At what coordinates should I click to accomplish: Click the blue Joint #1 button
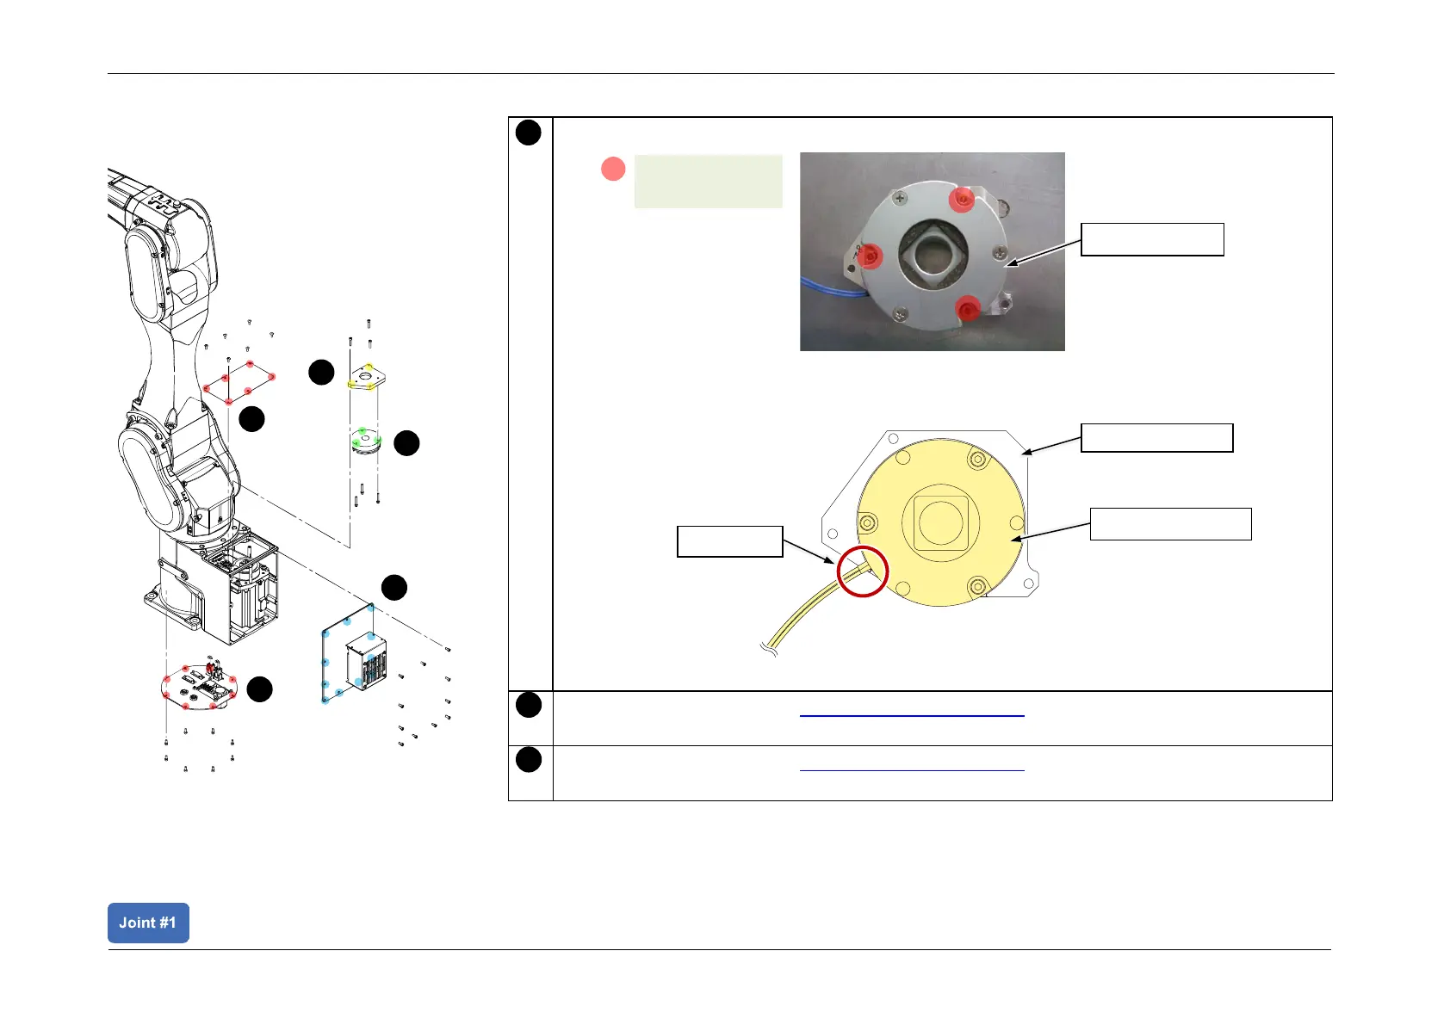pyautogui.click(x=148, y=923)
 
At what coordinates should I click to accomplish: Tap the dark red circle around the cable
pyautogui.click(x=862, y=571)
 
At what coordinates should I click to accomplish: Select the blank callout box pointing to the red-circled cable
pyautogui.click(x=729, y=541)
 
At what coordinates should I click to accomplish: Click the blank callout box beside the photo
pyautogui.click(x=1152, y=239)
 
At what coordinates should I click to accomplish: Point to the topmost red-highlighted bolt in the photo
pyautogui.click(x=961, y=201)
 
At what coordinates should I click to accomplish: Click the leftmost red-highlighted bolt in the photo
pyautogui.click(x=871, y=256)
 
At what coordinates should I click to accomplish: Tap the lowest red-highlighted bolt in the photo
pyautogui.click(x=969, y=308)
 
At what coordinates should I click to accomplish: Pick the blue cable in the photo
pyautogui.click(x=827, y=288)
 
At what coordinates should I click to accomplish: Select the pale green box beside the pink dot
pyautogui.click(x=708, y=181)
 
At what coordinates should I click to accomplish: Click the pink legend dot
pyautogui.click(x=613, y=169)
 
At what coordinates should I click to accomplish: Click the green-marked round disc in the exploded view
pyautogui.click(x=367, y=441)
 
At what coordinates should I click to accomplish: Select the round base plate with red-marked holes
pyautogui.click(x=199, y=686)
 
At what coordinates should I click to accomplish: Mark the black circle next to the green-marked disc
pyautogui.click(x=406, y=443)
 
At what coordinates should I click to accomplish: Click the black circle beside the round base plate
pyautogui.click(x=259, y=689)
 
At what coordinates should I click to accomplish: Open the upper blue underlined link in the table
pyautogui.click(x=912, y=714)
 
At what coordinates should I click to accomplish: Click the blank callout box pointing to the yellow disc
pyautogui.click(x=1170, y=523)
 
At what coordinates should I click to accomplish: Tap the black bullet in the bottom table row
pyautogui.click(x=529, y=760)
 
